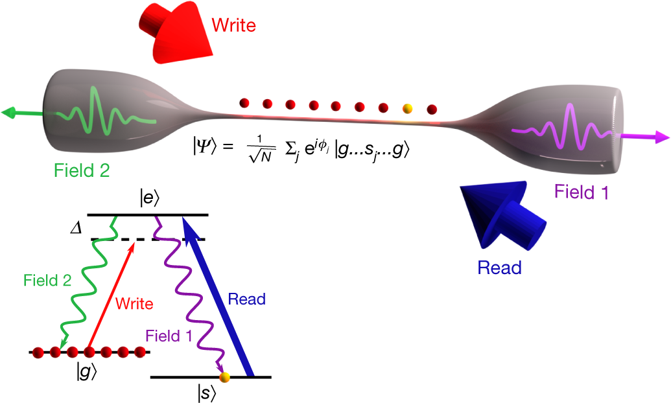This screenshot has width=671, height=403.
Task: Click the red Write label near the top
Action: pos(234,25)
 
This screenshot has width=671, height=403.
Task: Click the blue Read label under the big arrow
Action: pos(499,268)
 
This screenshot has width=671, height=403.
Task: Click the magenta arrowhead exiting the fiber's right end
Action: pos(661,137)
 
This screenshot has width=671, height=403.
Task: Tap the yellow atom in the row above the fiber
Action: pos(408,109)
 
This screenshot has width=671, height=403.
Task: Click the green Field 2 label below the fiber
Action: pos(81,171)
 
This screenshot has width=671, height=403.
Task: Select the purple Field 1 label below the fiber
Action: pos(581,192)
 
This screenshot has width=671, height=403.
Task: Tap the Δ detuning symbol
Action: pos(77,229)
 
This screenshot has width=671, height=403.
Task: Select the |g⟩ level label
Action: pos(87,373)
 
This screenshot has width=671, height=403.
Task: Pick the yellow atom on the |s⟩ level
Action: pos(224,377)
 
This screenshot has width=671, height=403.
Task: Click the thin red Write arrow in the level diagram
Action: pos(112,295)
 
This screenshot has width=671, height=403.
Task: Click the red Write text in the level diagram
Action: pos(134,303)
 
